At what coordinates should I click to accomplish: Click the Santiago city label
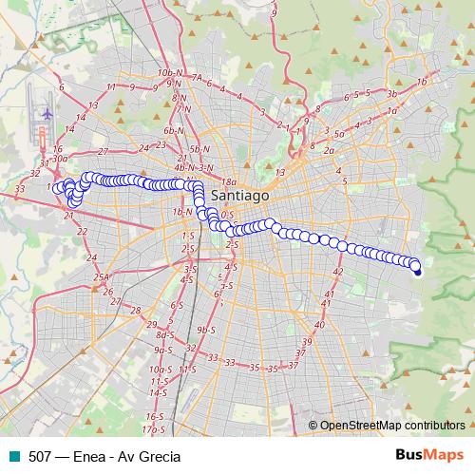point(241,194)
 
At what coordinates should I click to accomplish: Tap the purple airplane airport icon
point(45,112)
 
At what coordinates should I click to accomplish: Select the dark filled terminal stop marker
point(417,273)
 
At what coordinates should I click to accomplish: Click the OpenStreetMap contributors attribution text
point(391,425)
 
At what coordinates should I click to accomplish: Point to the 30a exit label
point(61,160)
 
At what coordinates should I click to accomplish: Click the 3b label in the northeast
point(390,94)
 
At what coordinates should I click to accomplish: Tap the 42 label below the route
point(337,272)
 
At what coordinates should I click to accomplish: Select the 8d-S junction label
point(165,334)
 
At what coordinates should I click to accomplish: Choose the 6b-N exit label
point(173,130)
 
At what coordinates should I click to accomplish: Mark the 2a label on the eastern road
point(330,150)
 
